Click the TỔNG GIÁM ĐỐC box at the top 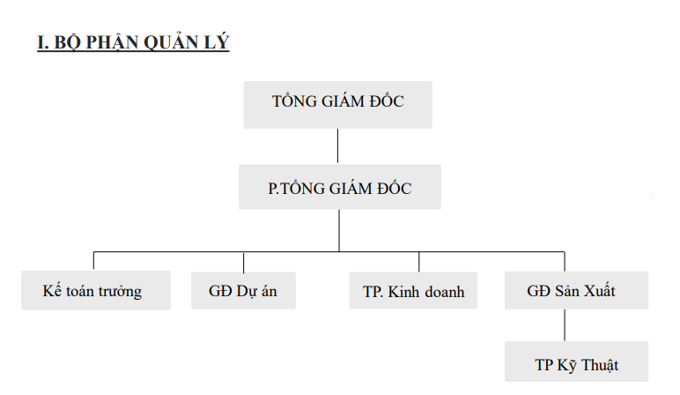point(338,105)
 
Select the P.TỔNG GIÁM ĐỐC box point(340,187)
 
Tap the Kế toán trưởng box point(96,290)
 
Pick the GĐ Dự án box point(243,290)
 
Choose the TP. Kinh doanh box point(413,290)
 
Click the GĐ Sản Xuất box point(576,290)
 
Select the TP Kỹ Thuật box point(576,361)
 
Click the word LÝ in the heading point(216,42)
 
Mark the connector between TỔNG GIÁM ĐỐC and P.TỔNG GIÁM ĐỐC point(338,145)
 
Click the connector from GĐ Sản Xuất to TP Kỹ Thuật point(565,325)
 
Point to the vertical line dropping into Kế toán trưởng point(93,260)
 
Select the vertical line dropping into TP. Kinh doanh point(419,262)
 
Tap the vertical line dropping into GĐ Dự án point(244,263)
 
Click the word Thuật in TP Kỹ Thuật point(600,365)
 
